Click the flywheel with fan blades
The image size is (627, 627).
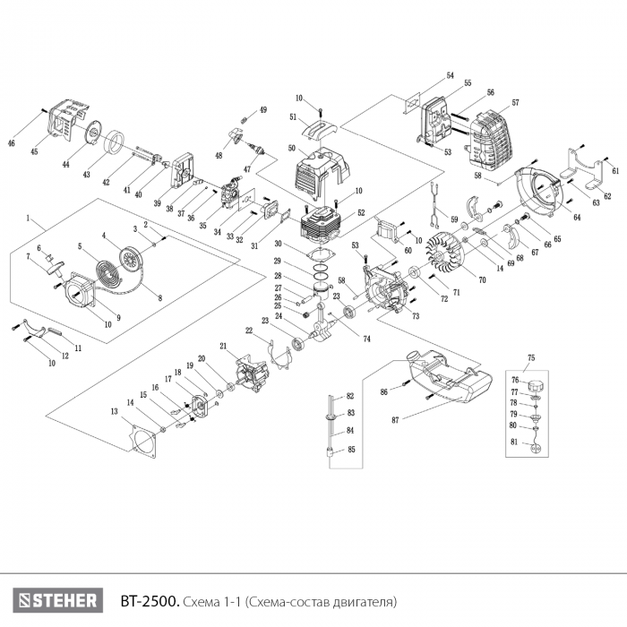coord(444,252)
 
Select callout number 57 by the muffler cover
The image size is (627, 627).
coord(516,103)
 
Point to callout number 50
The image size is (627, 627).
coord(292,148)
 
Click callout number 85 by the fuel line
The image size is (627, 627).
coord(351,449)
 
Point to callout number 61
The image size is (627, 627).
coord(615,170)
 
